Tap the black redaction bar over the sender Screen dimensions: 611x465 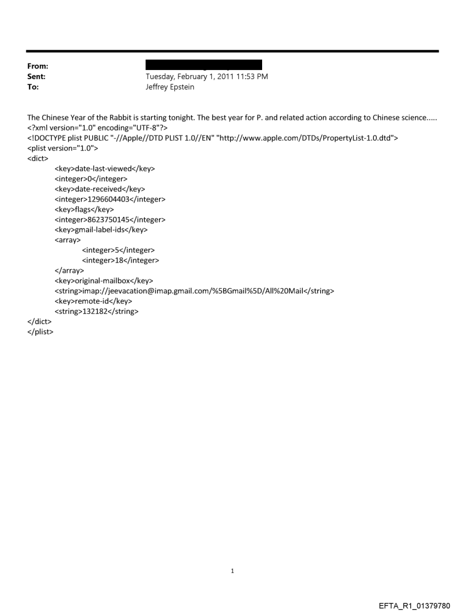[203, 64]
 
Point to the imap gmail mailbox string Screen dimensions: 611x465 [194, 291]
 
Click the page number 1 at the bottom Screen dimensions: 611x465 [232, 570]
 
